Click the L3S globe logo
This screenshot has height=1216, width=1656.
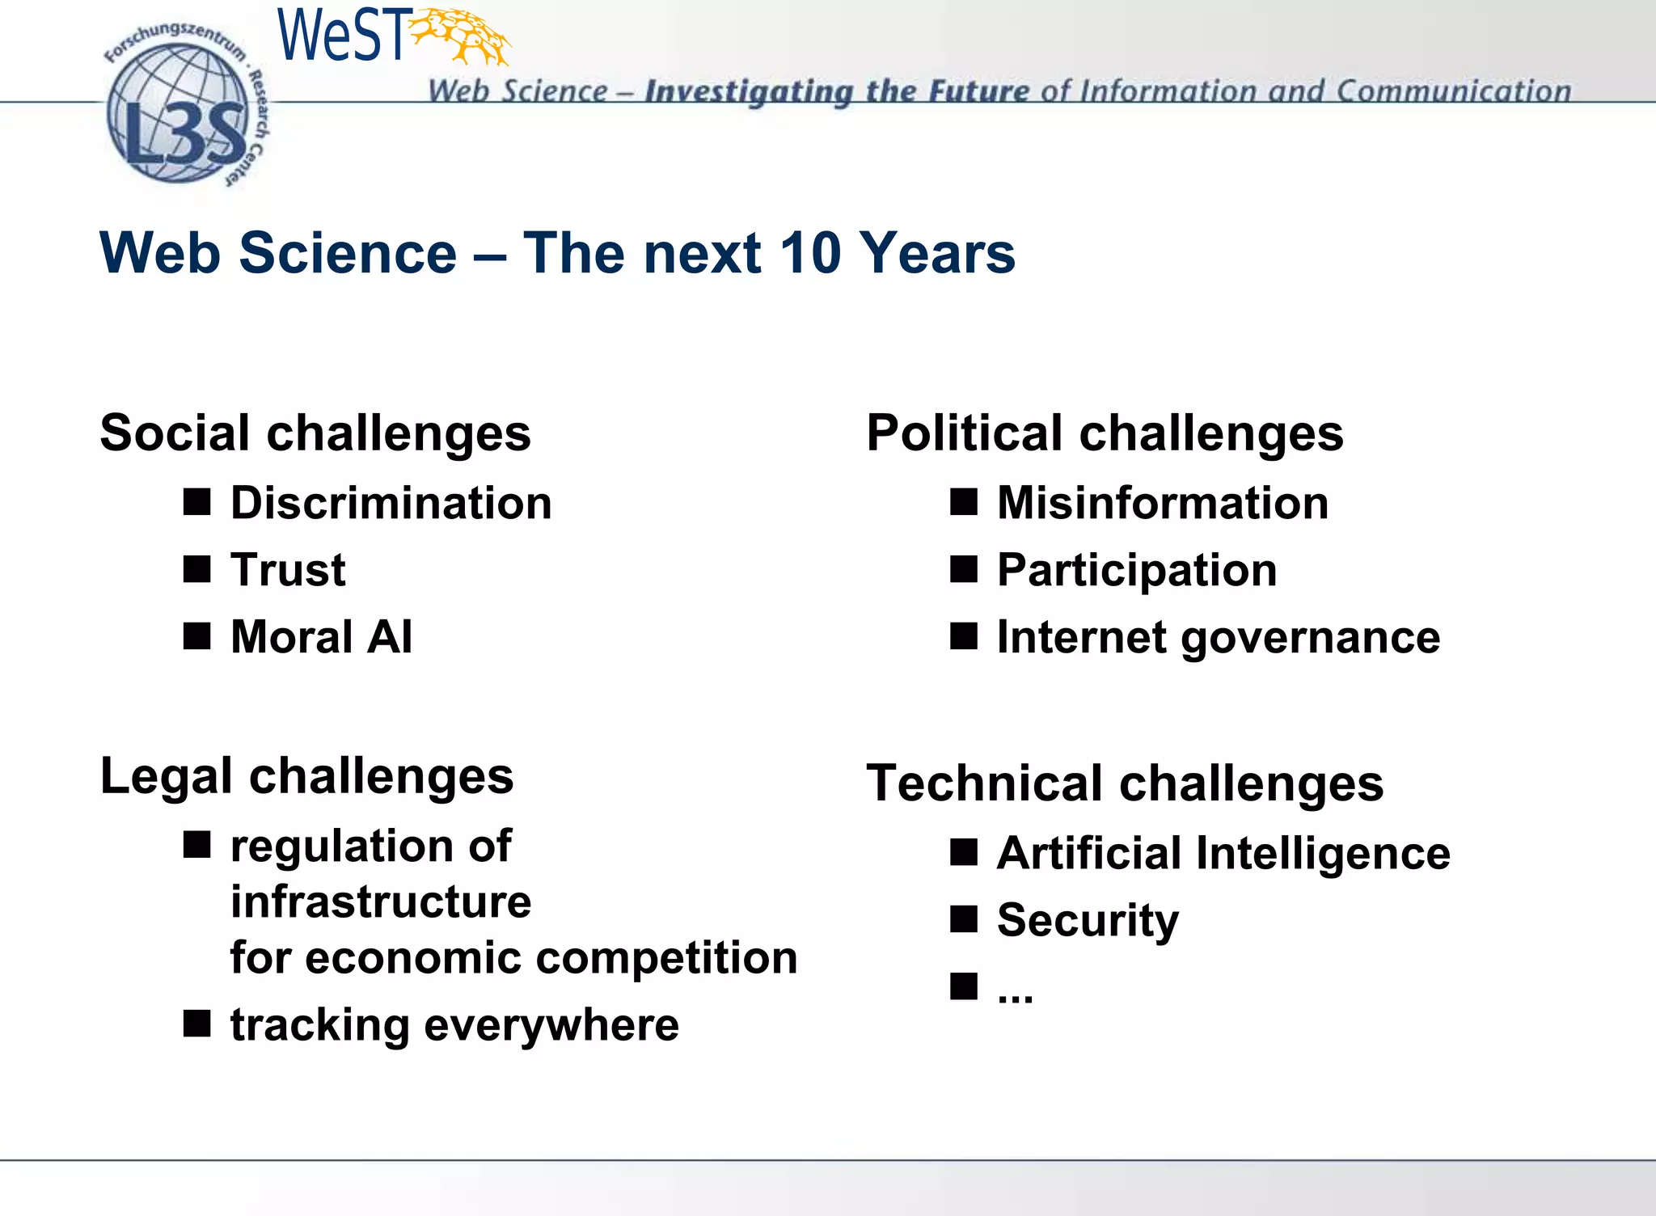click(x=182, y=113)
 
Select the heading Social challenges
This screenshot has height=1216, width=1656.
click(x=315, y=433)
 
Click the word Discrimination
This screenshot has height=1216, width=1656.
click(x=391, y=503)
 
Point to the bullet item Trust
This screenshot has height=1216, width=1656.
click(x=288, y=570)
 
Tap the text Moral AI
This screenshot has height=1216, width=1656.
click(x=321, y=636)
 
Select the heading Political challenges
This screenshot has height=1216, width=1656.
click(x=1105, y=433)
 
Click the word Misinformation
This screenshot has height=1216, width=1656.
click(x=1163, y=503)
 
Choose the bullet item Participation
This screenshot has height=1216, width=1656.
click(x=1137, y=570)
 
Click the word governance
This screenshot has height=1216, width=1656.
click(x=1310, y=638)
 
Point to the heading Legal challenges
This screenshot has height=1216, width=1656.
click(x=306, y=776)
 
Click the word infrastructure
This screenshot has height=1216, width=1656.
click(x=381, y=901)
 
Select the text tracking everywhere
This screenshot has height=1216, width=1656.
click(x=454, y=1025)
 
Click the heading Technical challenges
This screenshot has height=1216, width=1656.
click(x=1125, y=783)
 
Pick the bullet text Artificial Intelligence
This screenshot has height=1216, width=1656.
click(x=1223, y=854)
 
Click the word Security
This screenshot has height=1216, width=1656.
click(x=1088, y=920)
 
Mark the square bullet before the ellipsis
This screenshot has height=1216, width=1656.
click(x=964, y=986)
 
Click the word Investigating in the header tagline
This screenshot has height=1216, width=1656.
click(x=748, y=91)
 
